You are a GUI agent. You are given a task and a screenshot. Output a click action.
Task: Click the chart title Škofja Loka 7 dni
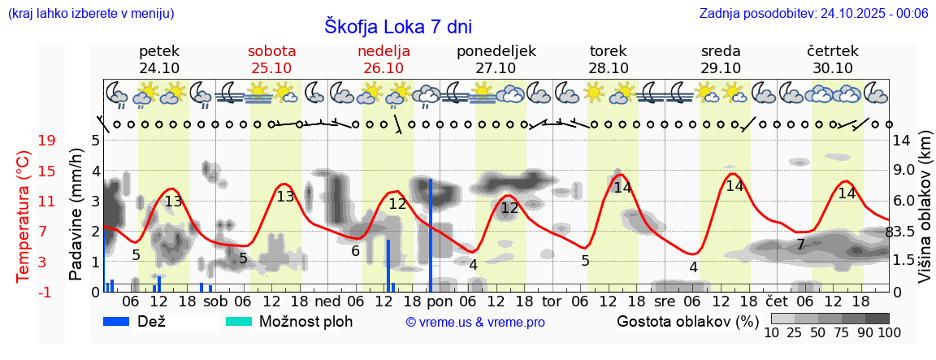pos(397,25)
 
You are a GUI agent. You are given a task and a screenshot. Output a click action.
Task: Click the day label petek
pos(159,51)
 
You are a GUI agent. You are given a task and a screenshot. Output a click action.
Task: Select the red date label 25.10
pos(271,68)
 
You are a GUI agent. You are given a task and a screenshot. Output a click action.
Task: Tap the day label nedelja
pos(383,51)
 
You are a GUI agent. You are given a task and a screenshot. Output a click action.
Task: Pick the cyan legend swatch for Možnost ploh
pos(239,321)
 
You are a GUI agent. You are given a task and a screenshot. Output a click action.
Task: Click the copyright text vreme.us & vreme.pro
pos(475,323)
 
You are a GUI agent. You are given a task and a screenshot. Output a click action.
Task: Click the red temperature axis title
pos(24,216)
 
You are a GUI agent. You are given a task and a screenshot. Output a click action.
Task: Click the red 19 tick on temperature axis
pos(46,141)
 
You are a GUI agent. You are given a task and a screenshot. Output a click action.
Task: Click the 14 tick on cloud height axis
pos(902,141)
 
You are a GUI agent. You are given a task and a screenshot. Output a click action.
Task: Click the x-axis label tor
pos(552,301)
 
